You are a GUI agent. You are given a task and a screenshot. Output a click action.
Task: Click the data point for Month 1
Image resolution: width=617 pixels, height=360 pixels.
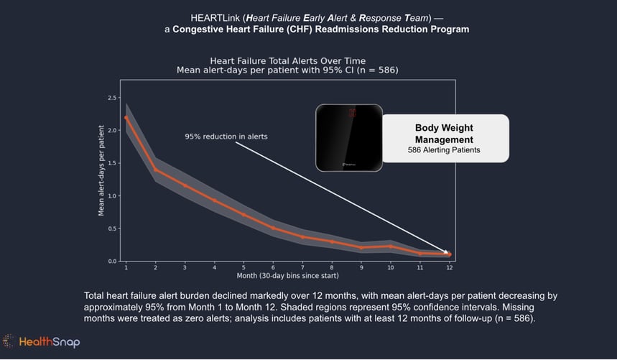pyautogui.click(x=126, y=117)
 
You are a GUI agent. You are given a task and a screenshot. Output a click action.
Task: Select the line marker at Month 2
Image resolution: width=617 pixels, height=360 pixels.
pyautogui.click(x=155, y=170)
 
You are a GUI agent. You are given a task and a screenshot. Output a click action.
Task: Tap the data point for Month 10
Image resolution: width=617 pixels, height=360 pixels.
pyautogui.click(x=391, y=246)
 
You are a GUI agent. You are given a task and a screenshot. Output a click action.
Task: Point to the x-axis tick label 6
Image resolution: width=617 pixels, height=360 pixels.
pyautogui.click(x=273, y=267)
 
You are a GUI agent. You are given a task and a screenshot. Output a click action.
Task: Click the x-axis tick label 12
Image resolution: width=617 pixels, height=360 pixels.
pyautogui.click(x=449, y=267)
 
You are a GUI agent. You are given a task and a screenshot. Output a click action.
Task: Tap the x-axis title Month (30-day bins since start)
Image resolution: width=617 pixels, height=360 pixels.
pyautogui.click(x=287, y=275)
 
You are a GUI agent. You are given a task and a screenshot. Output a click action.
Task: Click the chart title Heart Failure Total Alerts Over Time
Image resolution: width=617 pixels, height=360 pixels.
pyautogui.click(x=287, y=61)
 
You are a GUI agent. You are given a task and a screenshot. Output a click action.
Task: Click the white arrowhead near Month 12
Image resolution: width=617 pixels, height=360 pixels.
pyautogui.click(x=446, y=251)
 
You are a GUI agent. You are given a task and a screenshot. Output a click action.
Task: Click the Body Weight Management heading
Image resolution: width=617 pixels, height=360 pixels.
pyautogui.click(x=445, y=134)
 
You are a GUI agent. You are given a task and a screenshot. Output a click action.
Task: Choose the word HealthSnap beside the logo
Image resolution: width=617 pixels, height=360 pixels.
pyautogui.click(x=50, y=342)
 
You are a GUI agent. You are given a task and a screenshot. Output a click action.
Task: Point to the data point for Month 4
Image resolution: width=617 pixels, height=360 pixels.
pyautogui.click(x=214, y=200)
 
